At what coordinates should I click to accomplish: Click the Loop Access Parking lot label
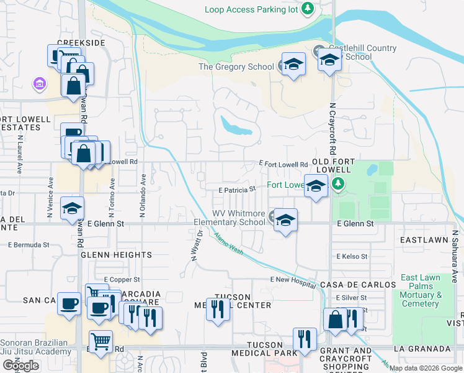tap(251, 9)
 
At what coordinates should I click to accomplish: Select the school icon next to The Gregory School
tap(293, 65)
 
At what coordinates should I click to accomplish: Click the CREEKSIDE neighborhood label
tap(81, 43)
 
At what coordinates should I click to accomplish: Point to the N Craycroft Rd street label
tap(332, 129)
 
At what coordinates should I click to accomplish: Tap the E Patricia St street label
tap(236, 190)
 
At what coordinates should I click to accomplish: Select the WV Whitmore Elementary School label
tap(230, 218)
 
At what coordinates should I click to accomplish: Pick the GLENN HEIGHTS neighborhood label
tap(116, 255)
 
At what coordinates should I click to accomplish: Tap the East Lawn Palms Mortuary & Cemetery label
tap(420, 290)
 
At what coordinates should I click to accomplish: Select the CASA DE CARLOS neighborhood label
tap(358, 284)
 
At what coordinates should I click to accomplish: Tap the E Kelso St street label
tap(352, 256)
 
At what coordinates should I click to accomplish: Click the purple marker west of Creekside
tap(40, 83)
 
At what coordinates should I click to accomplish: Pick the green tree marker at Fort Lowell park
tap(337, 184)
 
